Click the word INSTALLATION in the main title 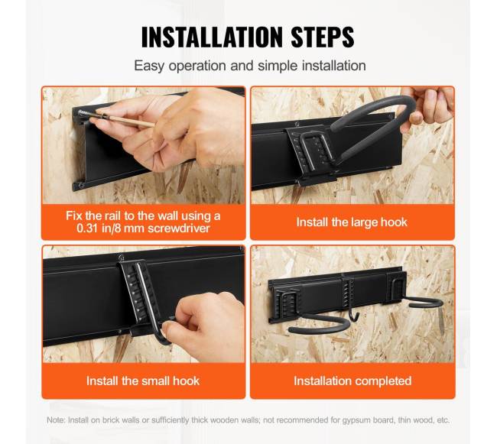[x=212, y=37]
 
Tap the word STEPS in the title [x=323, y=37]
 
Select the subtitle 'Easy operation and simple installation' [x=250, y=66]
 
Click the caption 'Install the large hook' [x=352, y=222]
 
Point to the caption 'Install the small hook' [x=143, y=381]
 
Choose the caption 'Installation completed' [x=352, y=381]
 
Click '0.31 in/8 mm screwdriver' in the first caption [x=143, y=228]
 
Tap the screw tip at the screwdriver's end [x=80, y=112]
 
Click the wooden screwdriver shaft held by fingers [x=127, y=120]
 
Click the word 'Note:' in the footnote [x=57, y=420]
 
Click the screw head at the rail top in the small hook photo [x=121, y=258]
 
